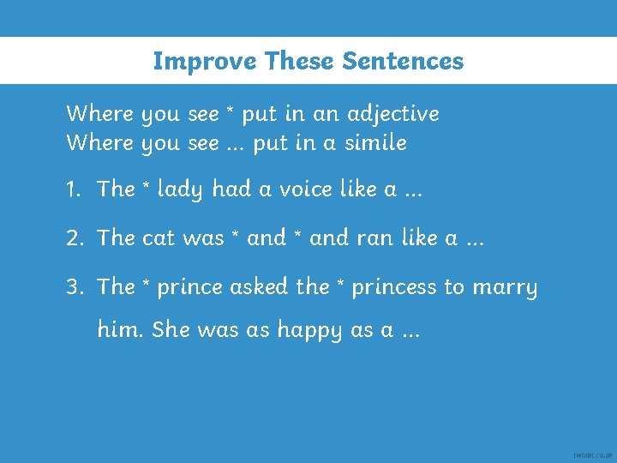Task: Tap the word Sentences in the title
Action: coord(403,61)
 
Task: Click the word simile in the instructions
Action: coord(375,143)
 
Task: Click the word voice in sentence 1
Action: coord(288,189)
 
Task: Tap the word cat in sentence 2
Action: coord(159,238)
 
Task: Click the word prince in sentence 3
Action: coord(191,287)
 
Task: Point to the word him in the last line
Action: coord(119,329)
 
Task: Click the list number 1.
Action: coord(73,189)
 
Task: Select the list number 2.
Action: coord(74,238)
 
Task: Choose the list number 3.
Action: coord(74,286)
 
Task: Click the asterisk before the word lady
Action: coord(144,186)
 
